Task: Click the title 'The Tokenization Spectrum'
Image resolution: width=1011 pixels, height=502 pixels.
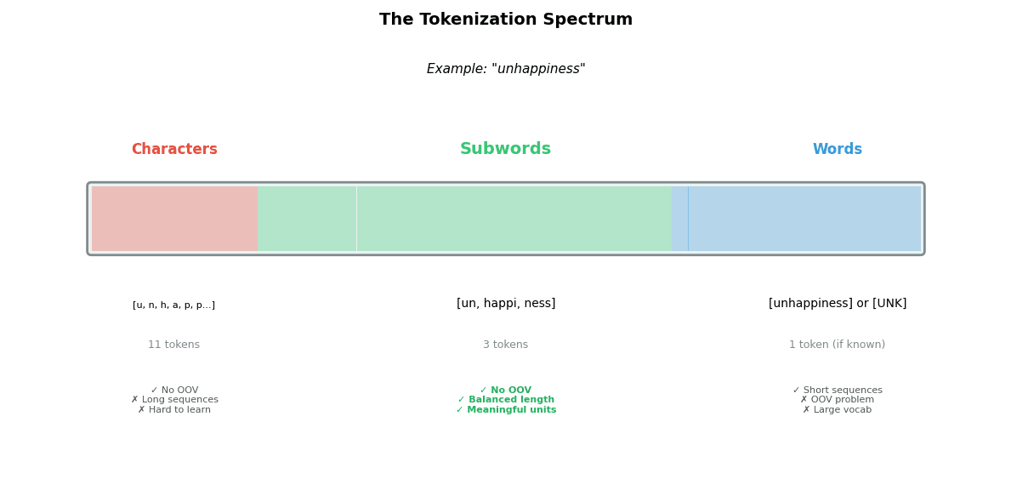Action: (505, 20)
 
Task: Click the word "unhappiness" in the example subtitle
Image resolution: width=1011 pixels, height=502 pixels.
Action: (538, 69)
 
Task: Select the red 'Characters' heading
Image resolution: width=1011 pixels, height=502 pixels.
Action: (174, 150)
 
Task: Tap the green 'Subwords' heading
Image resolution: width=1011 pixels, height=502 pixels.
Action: (505, 150)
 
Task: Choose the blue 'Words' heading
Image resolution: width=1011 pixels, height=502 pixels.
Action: (837, 150)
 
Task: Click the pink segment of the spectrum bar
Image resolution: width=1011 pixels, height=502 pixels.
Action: (174, 219)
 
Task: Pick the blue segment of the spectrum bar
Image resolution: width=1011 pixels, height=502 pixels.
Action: (804, 219)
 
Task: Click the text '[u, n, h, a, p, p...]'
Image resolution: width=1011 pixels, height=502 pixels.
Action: (173, 305)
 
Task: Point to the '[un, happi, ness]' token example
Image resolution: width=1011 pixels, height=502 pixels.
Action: (505, 304)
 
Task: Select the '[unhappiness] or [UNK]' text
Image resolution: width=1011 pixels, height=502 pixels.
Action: (837, 304)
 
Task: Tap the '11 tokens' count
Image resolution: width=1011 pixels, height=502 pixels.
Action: (173, 345)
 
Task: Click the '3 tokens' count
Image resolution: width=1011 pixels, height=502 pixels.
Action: (505, 345)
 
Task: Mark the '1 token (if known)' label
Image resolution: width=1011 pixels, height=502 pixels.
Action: (837, 345)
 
